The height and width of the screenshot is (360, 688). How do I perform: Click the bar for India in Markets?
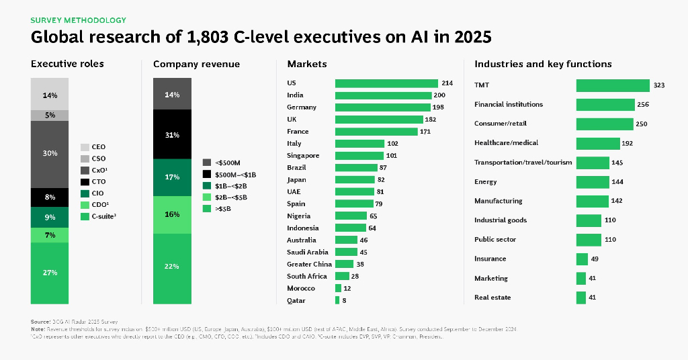pyautogui.click(x=383, y=95)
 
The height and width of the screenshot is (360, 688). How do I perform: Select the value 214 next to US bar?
pyautogui.click(x=447, y=83)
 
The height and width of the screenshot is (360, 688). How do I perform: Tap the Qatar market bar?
pyautogui.click(x=337, y=300)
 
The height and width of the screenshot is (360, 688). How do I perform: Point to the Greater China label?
pyautogui.click(x=308, y=264)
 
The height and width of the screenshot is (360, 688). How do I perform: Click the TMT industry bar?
pyautogui.click(x=612, y=85)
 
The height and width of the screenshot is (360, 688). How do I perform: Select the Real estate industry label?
pyautogui.click(x=492, y=298)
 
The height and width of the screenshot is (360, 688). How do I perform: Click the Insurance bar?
pyautogui.click(x=582, y=259)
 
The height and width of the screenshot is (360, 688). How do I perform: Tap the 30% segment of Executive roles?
pyautogui.click(x=50, y=154)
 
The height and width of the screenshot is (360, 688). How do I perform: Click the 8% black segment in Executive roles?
pyautogui.click(x=50, y=197)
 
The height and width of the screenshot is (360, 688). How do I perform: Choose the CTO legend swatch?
pyautogui.click(x=85, y=182)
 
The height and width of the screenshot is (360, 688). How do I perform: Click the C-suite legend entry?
pyautogui.click(x=103, y=216)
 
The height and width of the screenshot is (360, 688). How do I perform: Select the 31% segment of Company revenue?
pyautogui.click(x=172, y=134)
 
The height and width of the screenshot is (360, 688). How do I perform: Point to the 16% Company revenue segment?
pyautogui.click(x=172, y=214)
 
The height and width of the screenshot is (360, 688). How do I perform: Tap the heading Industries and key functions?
pyautogui.click(x=543, y=64)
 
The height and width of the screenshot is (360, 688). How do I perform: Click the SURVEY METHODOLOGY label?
pyautogui.click(x=79, y=20)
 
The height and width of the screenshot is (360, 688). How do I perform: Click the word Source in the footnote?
pyautogui.click(x=40, y=322)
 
